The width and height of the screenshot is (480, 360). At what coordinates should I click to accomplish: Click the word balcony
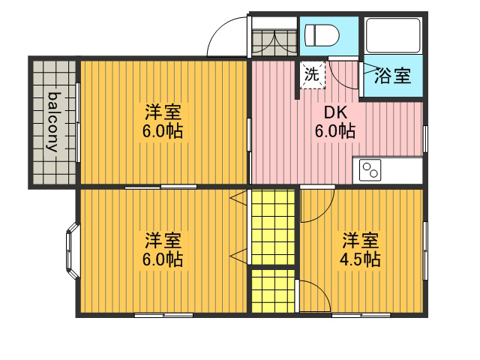tap(52, 121)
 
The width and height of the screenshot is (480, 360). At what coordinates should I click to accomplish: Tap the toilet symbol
tap(322, 36)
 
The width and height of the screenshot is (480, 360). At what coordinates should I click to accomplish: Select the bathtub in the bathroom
tap(393, 35)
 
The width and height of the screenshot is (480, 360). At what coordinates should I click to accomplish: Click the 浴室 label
tap(393, 76)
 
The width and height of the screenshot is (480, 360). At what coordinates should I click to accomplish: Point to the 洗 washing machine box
tap(312, 75)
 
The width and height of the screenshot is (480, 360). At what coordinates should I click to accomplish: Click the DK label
tap(336, 112)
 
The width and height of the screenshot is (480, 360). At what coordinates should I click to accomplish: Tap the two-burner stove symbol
tap(370, 170)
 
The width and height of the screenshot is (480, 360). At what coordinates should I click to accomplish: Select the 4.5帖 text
tap(360, 259)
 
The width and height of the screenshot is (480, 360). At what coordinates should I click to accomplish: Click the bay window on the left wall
tap(72, 251)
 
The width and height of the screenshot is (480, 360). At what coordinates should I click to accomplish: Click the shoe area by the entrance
tap(274, 43)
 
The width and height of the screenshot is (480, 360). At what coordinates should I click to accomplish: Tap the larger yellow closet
tap(273, 226)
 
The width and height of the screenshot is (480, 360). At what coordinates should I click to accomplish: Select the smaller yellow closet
tap(273, 291)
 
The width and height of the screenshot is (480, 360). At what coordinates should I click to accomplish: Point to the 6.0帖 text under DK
tap(335, 131)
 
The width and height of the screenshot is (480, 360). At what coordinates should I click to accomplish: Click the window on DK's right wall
tap(425, 139)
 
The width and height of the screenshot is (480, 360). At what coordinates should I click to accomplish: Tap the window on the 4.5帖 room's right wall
tap(425, 250)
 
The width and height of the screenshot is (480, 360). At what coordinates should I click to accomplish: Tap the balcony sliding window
tap(78, 122)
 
